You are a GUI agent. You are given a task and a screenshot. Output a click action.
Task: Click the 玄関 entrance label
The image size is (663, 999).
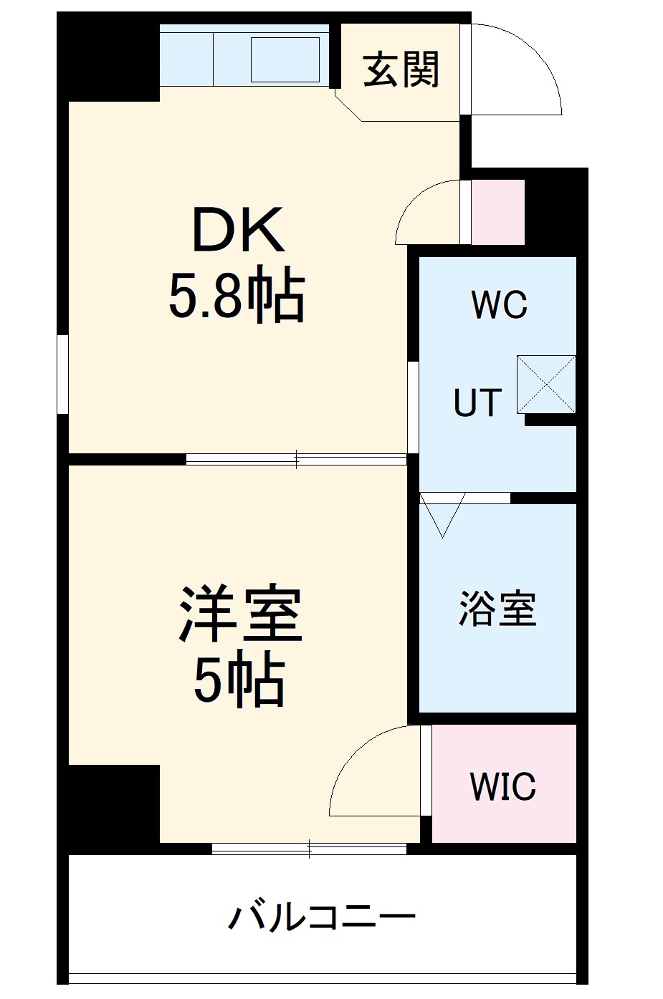click(x=401, y=70)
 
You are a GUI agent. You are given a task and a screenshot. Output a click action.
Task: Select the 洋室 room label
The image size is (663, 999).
click(x=240, y=614)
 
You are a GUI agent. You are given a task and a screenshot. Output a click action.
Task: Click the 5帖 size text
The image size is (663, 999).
click(x=240, y=681)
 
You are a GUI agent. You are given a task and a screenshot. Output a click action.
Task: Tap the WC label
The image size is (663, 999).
click(x=500, y=305)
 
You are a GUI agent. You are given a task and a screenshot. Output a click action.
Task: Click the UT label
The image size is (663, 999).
click(x=477, y=403)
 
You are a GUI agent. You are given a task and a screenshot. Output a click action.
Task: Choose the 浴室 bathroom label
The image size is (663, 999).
click(x=497, y=609)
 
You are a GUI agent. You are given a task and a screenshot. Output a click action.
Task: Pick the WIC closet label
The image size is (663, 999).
click(x=502, y=786)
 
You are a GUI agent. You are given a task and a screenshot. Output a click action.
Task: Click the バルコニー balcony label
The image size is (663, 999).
click(x=323, y=917)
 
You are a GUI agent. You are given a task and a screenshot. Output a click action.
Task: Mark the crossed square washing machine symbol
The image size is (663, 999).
click(x=546, y=385)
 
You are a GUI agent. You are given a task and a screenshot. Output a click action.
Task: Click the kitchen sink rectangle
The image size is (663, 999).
click(x=285, y=59)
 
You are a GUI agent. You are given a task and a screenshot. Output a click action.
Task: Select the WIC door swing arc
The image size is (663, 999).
click(x=369, y=773)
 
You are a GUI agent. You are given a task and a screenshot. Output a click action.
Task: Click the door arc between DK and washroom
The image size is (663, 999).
click(x=426, y=211)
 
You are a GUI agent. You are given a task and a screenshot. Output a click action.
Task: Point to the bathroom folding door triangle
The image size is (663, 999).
click(x=443, y=513)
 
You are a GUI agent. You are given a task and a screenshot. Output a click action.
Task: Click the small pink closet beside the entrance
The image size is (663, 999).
click(x=498, y=212)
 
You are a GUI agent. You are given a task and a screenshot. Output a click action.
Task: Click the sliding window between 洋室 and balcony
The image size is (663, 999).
click(x=309, y=849)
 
